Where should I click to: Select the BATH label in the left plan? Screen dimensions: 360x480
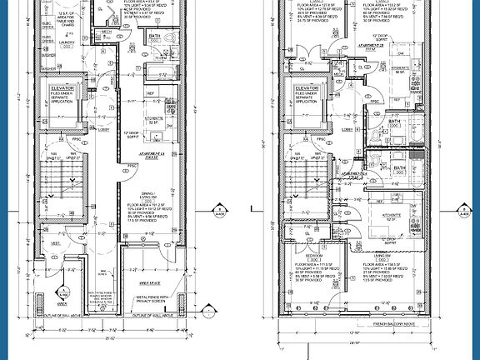pos(155,37)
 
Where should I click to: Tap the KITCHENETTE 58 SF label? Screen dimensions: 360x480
pos(398,70)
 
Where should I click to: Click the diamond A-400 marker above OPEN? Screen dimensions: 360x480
pos(64,292)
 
